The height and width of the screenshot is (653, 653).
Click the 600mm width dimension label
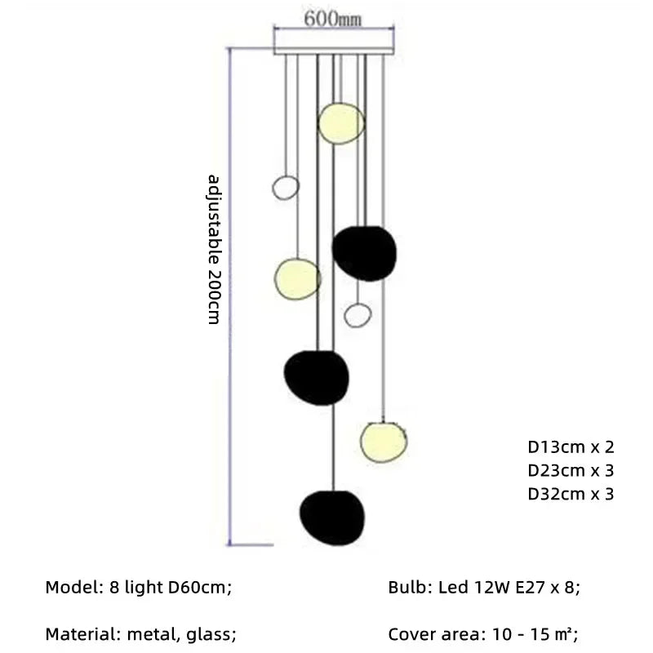point(333,19)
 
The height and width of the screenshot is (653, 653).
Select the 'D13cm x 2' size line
point(570,446)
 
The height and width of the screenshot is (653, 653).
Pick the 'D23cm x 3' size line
point(570,470)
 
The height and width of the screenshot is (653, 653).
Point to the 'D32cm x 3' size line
point(570,494)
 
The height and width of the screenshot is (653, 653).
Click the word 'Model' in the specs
point(68,587)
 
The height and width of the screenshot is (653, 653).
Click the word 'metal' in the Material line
point(162,633)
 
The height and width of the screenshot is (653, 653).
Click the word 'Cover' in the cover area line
point(412,633)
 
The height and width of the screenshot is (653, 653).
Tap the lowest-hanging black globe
point(331,518)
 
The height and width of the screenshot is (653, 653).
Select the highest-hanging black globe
point(365,252)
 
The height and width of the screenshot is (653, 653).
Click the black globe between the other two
point(316,377)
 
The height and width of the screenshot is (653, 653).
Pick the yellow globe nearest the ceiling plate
point(340,122)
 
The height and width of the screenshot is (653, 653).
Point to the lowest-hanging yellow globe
point(384,440)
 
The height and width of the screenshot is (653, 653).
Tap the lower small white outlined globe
point(358,314)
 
